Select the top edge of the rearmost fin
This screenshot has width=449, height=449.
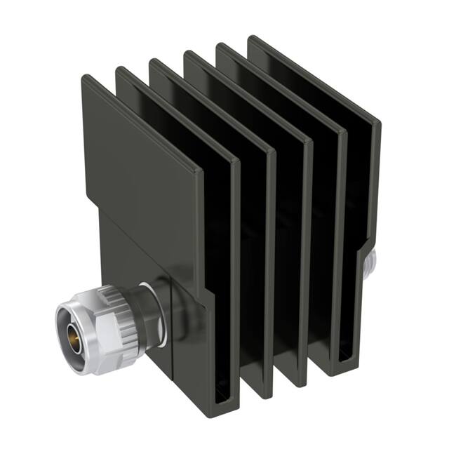[316, 77]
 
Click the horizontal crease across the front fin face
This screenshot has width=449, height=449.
[140, 210]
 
